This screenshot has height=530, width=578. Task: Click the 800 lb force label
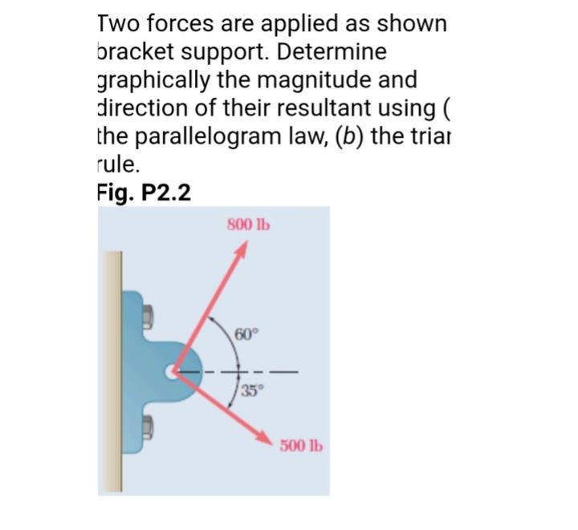point(248,224)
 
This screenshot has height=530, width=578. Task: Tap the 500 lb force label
point(301,446)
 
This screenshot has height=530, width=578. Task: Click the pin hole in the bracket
point(174,373)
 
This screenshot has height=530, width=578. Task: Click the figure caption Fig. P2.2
point(143,195)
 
